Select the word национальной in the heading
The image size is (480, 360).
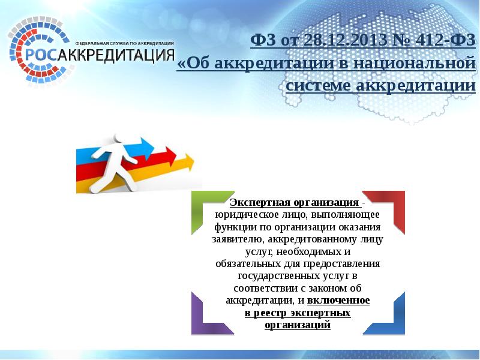419,63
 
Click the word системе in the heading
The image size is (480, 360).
319,86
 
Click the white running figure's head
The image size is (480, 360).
118,140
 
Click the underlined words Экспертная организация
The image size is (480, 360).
295,202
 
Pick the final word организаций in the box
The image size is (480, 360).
298,325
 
